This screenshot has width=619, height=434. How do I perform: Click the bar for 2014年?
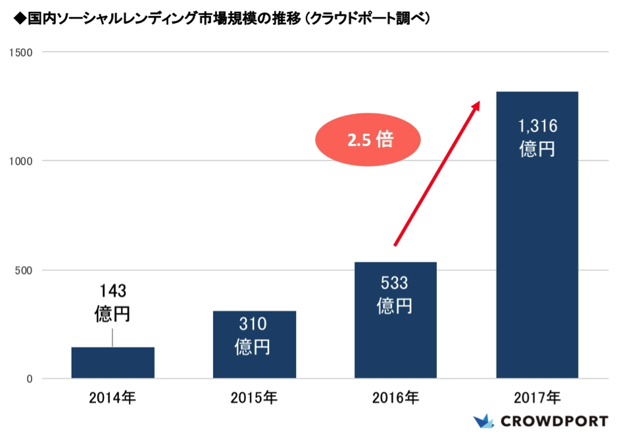point(112,362)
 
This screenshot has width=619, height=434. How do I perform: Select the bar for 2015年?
point(254,344)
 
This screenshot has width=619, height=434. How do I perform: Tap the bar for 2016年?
point(395,320)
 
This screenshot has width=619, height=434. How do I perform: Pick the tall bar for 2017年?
point(537,234)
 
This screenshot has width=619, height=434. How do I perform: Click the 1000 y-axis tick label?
point(23,161)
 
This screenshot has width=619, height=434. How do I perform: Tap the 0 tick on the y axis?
point(30,379)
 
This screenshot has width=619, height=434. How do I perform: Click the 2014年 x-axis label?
point(112,398)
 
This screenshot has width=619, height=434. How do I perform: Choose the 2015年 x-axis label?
point(254,398)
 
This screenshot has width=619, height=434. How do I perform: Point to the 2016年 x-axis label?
point(395,398)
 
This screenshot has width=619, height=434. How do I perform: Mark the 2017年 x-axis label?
point(537,398)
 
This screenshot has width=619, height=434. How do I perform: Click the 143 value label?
point(112,290)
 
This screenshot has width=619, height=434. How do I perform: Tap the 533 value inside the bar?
point(395,284)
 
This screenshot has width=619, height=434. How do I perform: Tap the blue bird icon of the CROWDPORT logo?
point(483,421)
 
